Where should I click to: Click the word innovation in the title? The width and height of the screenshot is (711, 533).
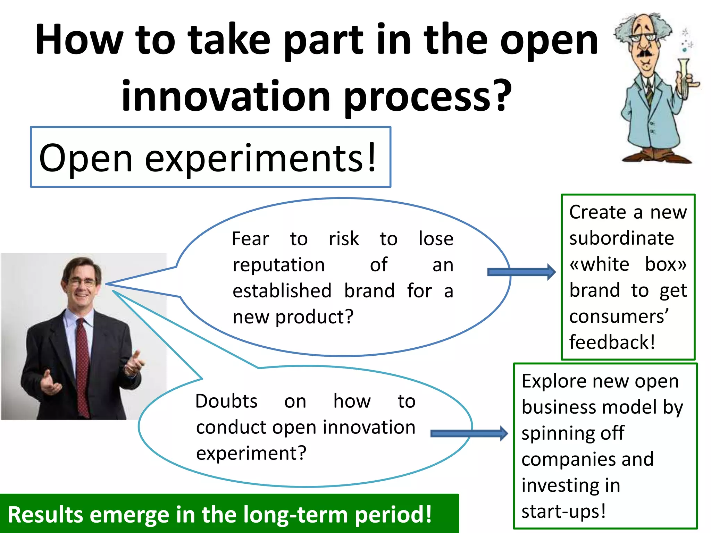click(226, 95)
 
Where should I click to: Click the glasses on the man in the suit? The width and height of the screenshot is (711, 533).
click(82, 282)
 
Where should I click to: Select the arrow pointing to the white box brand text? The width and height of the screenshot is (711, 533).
click(521, 272)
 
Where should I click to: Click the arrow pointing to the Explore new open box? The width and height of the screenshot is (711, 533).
click(469, 433)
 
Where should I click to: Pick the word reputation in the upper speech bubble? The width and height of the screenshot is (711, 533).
click(279, 265)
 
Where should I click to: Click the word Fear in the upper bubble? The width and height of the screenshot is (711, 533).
click(250, 239)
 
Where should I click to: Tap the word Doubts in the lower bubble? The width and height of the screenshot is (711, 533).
click(226, 401)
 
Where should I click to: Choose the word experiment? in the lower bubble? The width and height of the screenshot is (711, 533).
click(251, 454)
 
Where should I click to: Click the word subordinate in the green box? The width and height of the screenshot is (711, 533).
click(621, 238)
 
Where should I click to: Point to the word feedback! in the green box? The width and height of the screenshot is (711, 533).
click(612, 342)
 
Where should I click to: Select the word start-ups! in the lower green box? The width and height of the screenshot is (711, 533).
click(563, 511)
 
